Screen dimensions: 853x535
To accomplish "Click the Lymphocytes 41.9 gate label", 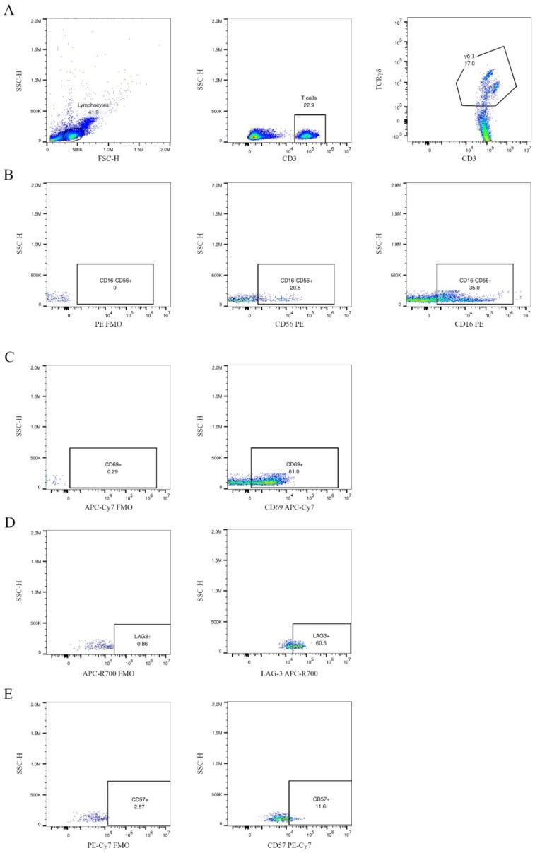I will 93,109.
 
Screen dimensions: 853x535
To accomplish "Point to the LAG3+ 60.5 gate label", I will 321,640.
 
